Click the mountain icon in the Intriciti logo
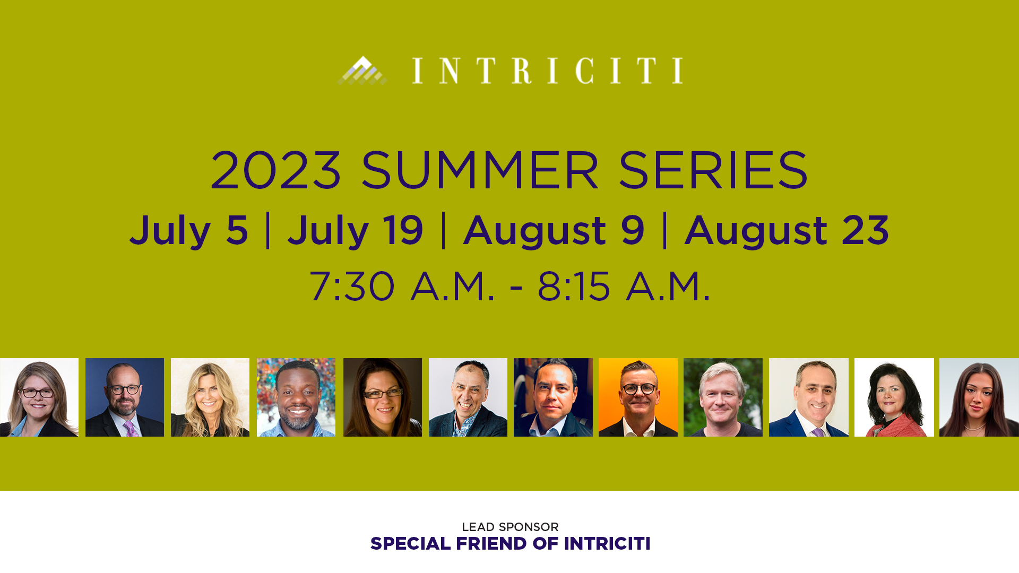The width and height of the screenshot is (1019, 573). click(362, 70)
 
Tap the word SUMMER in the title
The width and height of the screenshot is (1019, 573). click(480, 170)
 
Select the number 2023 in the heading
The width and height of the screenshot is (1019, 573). click(275, 170)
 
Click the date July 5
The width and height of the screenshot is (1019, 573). click(189, 231)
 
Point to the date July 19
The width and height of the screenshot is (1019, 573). click(355, 231)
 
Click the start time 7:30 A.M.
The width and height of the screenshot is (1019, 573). click(402, 286)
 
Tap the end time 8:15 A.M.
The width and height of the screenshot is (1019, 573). click(624, 286)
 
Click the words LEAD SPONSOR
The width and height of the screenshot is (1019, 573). click(510, 527)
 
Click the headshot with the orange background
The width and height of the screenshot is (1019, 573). click(638, 397)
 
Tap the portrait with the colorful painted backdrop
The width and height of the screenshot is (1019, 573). click(296, 397)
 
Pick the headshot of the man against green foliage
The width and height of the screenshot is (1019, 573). click(723, 397)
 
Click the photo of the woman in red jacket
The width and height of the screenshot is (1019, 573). click(894, 397)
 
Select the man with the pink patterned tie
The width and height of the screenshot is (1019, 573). click(125, 397)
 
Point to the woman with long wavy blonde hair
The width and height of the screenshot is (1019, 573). click(210, 397)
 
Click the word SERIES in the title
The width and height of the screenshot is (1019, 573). click(713, 170)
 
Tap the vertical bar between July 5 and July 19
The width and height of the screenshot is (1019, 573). click(268, 230)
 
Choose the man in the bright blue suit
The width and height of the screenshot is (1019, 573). click(809, 397)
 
